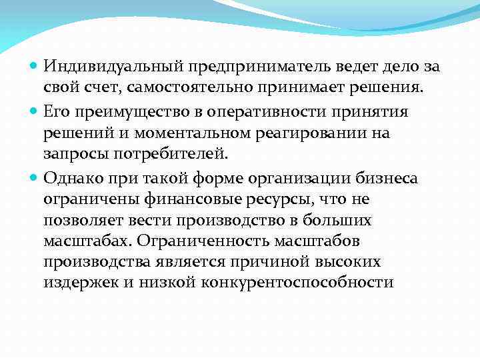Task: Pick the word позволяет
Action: pyautogui.click(x=82, y=221)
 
